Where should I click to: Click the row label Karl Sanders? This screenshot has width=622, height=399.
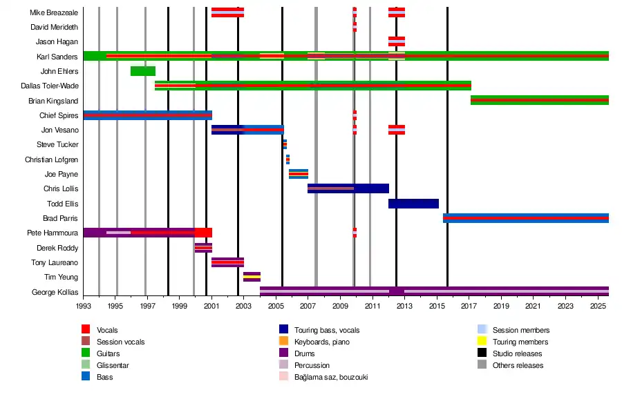click(x=57, y=57)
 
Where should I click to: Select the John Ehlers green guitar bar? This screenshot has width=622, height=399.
click(x=143, y=71)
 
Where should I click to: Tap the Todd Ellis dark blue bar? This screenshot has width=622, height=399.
click(x=413, y=204)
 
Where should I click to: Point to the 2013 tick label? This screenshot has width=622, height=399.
click(x=404, y=305)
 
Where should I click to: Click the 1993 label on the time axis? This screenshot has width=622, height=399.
click(x=84, y=305)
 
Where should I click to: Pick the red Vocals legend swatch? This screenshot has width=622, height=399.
click(x=86, y=330)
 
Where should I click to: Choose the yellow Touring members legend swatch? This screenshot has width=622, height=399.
click(x=482, y=342)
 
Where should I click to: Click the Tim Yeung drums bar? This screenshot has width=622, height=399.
click(x=252, y=277)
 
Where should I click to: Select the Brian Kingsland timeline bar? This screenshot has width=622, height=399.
click(x=539, y=100)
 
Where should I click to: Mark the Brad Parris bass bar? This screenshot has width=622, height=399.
click(x=525, y=218)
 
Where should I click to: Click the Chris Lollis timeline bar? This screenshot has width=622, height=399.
click(x=348, y=188)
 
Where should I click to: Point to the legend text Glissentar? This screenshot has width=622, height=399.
click(x=113, y=365)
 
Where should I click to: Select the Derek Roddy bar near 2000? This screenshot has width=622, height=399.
click(x=203, y=248)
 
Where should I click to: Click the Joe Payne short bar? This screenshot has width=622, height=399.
click(x=299, y=174)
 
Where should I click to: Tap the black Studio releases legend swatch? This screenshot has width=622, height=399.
click(x=482, y=353)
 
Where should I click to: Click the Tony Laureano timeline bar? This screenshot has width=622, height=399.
click(x=227, y=262)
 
